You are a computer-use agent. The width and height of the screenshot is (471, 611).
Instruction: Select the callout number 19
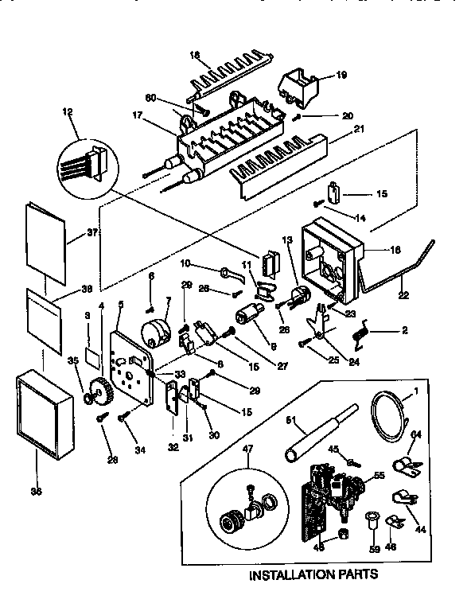click(x=341, y=75)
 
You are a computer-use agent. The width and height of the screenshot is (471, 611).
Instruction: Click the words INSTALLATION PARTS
click(x=313, y=573)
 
